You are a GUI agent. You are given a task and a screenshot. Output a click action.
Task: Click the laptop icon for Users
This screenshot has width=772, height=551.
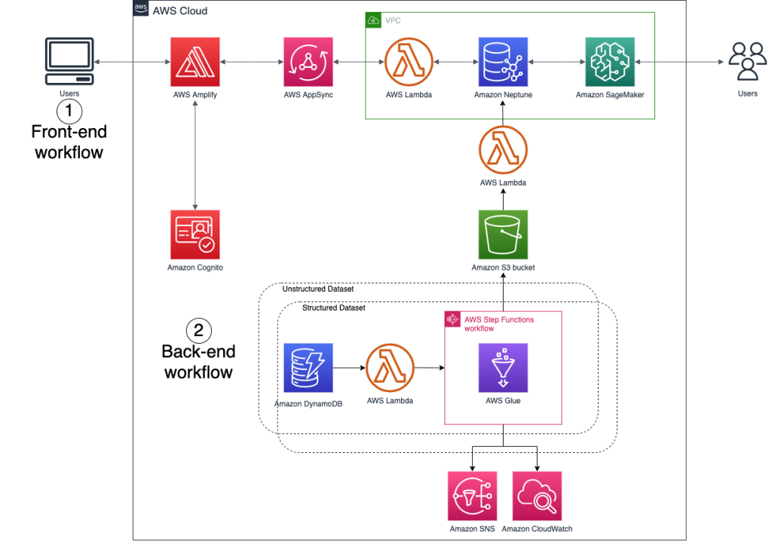[70, 62]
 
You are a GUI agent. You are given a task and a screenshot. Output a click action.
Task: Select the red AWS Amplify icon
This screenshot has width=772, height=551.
[195, 62]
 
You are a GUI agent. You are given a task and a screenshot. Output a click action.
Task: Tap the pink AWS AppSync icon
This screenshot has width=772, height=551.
[308, 62]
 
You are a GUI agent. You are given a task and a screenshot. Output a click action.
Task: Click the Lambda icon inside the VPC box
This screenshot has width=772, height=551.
[409, 62]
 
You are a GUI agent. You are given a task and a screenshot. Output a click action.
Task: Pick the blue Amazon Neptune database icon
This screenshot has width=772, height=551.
[503, 62]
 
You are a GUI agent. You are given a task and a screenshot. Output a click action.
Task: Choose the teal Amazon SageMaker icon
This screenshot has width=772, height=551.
[610, 62]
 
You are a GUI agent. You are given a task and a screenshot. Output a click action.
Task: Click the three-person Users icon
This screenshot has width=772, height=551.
[747, 61]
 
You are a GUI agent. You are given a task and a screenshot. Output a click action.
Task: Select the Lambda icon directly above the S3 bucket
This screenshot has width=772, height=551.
[503, 149]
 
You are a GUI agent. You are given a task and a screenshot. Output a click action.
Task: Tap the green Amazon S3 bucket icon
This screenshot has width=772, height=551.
[503, 234]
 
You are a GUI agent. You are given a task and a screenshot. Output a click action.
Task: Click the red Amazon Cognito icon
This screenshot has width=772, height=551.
[195, 234]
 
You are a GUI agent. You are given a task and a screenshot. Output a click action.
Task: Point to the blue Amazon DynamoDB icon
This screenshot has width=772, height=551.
[308, 368]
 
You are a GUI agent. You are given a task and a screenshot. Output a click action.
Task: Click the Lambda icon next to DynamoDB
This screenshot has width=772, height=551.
[390, 368]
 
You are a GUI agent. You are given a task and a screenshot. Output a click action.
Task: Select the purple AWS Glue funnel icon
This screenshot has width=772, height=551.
[503, 368]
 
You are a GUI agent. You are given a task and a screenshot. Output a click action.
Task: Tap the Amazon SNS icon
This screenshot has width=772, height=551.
[472, 496]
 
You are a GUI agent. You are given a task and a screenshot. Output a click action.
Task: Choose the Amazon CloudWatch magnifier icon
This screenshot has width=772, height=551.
[537, 496]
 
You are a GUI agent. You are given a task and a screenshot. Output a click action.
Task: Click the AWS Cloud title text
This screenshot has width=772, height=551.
[180, 11]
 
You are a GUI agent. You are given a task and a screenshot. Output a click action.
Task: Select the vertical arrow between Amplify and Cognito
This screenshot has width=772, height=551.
[195, 155]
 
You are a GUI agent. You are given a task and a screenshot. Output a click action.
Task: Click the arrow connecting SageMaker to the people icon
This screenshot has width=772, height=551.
[679, 62]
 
